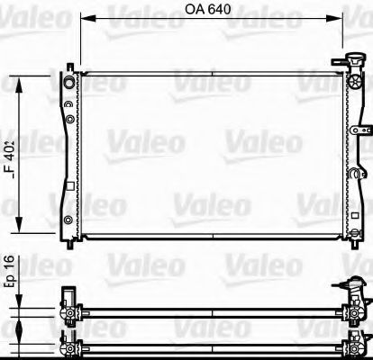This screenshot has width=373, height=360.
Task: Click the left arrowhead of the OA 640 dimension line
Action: (84, 17)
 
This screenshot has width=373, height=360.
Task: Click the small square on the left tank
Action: (68, 186)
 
